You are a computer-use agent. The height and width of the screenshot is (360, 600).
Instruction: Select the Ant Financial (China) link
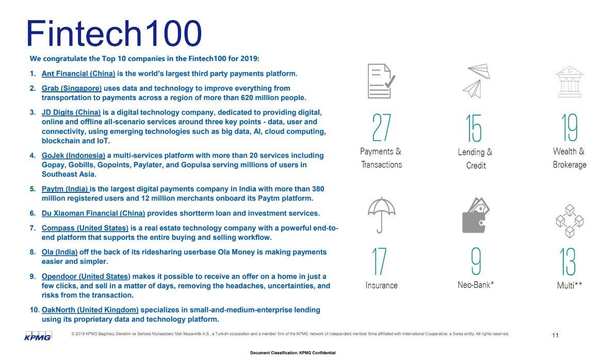(78, 74)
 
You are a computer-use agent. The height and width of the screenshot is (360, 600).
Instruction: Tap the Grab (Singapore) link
(72, 88)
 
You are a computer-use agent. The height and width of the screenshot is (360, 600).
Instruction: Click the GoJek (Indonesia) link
(74, 155)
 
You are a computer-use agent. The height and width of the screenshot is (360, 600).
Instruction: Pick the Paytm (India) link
(65, 189)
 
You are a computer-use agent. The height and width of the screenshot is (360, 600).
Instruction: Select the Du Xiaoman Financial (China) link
(93, 213)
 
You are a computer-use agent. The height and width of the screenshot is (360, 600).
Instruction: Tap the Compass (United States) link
(85, 228)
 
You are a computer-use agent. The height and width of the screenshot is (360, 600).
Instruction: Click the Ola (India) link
(59, 252)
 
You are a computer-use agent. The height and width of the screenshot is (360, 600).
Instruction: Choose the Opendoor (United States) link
(86, 276)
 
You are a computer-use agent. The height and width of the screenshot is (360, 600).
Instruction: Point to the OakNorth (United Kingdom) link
(90, 310)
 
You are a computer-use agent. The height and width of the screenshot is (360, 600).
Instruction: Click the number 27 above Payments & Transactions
(381, 128)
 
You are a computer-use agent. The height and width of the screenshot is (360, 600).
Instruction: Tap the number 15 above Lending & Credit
(474, 128)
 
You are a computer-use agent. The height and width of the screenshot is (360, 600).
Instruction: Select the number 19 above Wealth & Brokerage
(570, 127)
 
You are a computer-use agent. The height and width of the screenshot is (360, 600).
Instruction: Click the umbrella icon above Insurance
(382, 215)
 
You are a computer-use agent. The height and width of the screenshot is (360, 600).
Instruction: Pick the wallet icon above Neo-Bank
(475, 215)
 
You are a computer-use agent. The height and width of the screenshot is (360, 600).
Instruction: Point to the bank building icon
(569, 81)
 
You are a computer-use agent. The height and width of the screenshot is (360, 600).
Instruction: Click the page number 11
(555, 336)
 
